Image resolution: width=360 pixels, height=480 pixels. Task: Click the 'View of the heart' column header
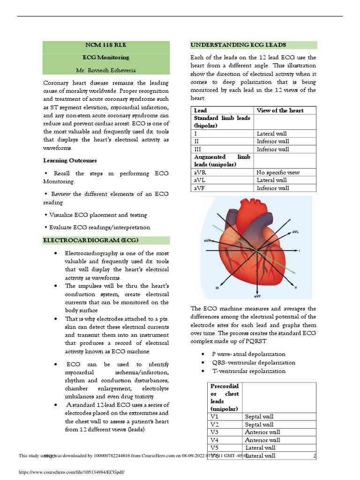coord(280,111)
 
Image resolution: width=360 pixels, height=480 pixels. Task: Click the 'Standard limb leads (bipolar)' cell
coord(222,122)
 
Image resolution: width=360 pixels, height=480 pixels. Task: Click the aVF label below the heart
coord(258,296)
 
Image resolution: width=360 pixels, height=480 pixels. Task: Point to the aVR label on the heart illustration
coord(209,241)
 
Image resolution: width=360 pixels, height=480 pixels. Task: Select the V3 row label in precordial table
coord(215,432)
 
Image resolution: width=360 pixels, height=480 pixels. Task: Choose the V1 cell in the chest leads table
coord(215,416)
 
